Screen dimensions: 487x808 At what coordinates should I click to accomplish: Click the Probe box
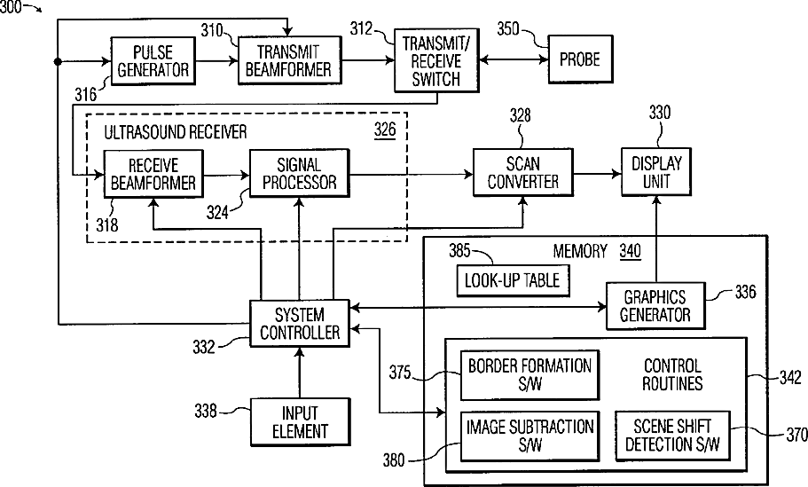(x=580, y=60)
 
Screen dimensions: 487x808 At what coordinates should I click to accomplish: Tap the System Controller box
(x=300, y=324)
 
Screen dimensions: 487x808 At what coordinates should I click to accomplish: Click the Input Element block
(x=300, y=422)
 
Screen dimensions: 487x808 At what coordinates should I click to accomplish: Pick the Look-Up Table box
(x=510, y=280)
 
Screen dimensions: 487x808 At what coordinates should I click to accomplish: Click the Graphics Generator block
(x=655, y=305)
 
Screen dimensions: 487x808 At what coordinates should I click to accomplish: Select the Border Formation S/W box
(x=530, y=373)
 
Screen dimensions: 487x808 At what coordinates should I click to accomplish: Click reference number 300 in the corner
(x=12, y=7)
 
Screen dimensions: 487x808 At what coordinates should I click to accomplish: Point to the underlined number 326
(x=385, y=130)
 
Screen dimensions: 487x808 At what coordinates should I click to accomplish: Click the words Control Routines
(x=672, y=374)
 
